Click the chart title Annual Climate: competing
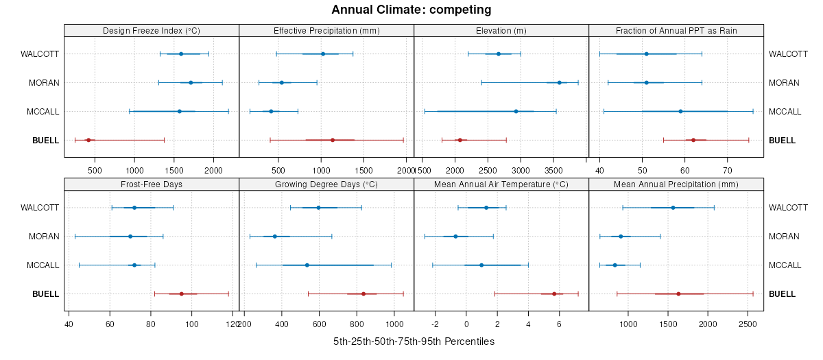coord(411,10)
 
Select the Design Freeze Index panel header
coord(152,31)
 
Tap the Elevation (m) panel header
coord(501,31)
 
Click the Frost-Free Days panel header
coord(152,184)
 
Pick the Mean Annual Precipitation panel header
coord(676,184)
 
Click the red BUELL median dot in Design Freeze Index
coord(88,140)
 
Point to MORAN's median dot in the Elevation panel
coord(559,82)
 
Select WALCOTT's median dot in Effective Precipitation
coord(323,53)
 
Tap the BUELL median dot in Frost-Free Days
coord(182,293)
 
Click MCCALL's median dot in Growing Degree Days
coord(307,265)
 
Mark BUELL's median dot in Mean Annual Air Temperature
coord(554,293)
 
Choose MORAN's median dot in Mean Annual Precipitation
coord(621,236)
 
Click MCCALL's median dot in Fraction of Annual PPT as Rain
coord(680,111)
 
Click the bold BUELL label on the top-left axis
coord(45,140)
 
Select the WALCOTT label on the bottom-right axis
coord(784,207)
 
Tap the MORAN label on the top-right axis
coord(784,82)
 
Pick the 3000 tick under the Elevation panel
coord(521,169)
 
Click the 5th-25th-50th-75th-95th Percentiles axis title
coord(414,341)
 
